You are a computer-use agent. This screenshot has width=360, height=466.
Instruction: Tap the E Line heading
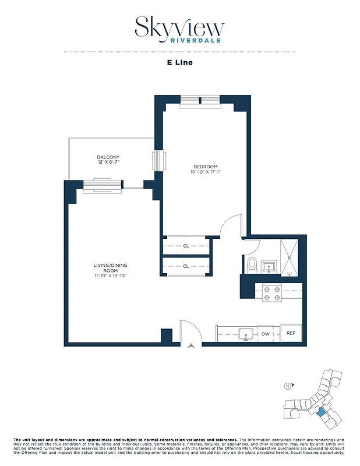click(x=179, y=62)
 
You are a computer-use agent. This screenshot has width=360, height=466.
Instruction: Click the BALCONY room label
click(x=108, y=157)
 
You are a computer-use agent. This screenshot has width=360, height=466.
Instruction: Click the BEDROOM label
click(x=205, y=166)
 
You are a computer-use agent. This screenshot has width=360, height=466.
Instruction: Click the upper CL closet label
click(x=186, y=246)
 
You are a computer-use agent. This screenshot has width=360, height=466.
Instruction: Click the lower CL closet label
click(x=186, y=266)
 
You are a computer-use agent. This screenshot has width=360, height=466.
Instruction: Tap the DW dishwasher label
click(x=265, y=334)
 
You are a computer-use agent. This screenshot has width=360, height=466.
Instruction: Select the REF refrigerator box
click(x=291, y=334)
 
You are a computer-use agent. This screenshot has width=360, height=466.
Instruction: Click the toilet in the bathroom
click(x=252, y=265)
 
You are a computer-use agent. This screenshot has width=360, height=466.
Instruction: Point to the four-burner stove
click(x=271, y=292)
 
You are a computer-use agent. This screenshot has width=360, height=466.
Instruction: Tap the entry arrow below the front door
click(x=191, y=346)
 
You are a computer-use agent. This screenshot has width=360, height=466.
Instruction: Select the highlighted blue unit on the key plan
click(x=321, y=412)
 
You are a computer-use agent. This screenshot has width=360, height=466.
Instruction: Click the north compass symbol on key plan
click(x=287, y=386)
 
